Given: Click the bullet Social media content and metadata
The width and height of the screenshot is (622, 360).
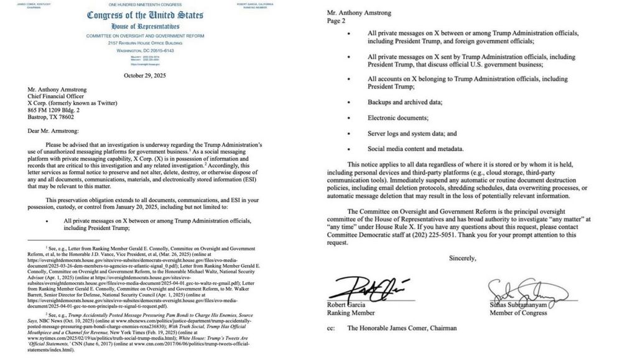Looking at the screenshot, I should tap(415, 149).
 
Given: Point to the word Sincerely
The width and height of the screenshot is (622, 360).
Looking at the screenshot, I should tap(461, 257).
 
